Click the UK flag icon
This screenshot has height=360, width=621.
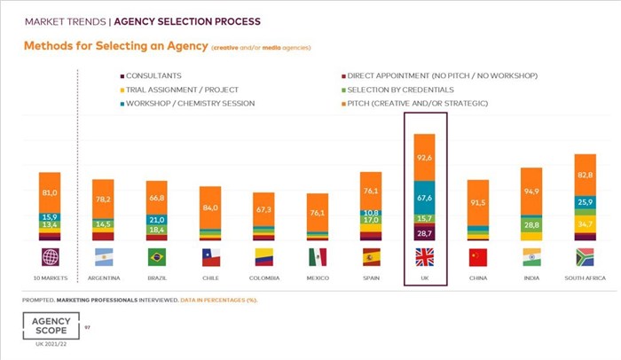[x=424, y=257]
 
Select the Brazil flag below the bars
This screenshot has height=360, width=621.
[x=157, y=257]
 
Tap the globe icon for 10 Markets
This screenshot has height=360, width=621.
[x=50, y=257]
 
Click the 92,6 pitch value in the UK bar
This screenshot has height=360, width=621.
[x=424, y=157]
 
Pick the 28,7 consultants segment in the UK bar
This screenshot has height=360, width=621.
[x=424, y=231]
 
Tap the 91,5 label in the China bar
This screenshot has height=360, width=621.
[x=477, y=202]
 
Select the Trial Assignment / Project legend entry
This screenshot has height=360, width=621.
[x=177, y=90]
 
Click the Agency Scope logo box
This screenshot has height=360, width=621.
[x=49, y=325]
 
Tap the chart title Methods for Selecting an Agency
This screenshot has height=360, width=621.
[x=114, y=45]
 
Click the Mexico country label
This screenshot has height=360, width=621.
[x=318, y=278]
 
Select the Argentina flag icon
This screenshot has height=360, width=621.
[x=103, y=257]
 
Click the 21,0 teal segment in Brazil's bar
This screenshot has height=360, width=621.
[x=157, y=220]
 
